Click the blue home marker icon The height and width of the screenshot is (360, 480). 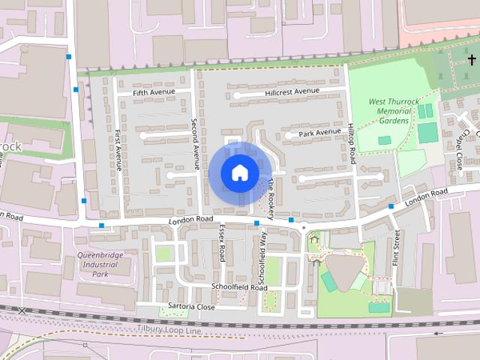(x=239, y=173)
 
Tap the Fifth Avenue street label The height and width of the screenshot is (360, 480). (x=154, y=92)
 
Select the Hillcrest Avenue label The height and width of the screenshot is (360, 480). (x=292, y=92)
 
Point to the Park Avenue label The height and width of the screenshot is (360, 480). (x=319, y=133)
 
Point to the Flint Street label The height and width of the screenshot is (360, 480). (x=397, y=248)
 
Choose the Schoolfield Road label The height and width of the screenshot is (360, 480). (x=239, y=287)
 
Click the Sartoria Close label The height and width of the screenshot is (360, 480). (x=192, y=307)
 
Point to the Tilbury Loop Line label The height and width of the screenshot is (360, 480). (x=169, y=329)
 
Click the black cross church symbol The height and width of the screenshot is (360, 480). (x=472, y=58)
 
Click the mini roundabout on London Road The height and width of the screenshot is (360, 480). (x=304, y=226)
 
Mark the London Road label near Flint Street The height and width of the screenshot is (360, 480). (x=426, y=198)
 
